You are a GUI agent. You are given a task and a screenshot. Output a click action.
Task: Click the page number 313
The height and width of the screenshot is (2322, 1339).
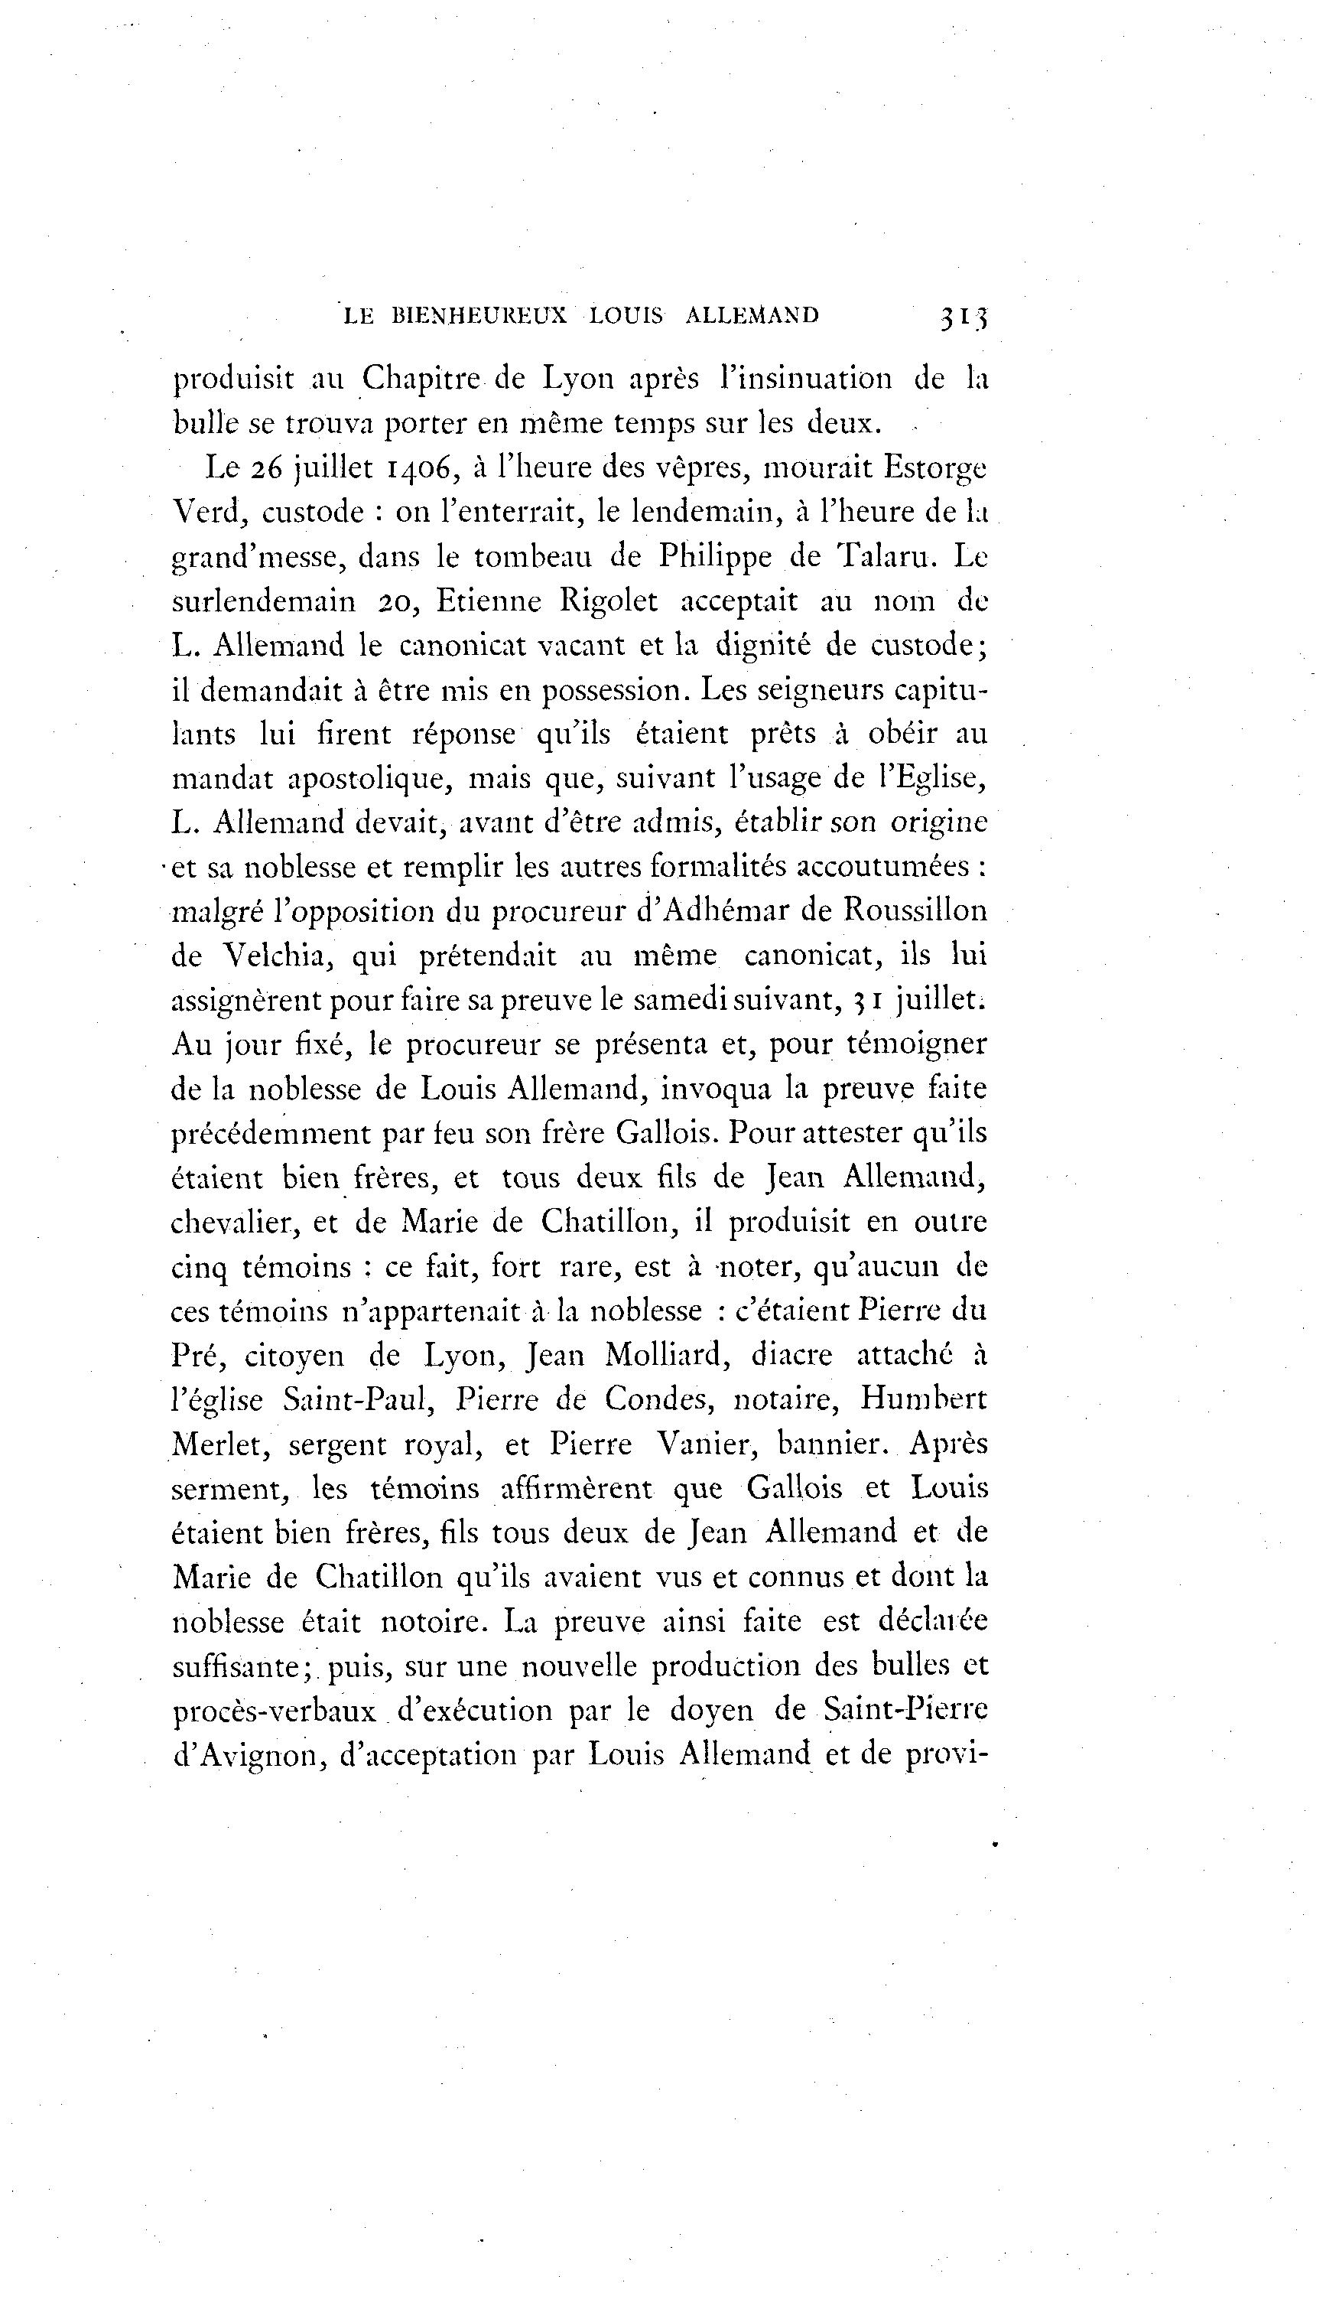[x=963, y=317]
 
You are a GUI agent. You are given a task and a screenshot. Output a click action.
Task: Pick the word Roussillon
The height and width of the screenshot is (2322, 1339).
[x=915, y=910]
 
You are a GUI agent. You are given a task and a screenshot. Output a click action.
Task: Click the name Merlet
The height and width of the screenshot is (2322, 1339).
[x=219, y=1444]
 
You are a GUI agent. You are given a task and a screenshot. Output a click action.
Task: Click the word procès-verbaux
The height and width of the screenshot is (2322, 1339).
[x=274, y=1711]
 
